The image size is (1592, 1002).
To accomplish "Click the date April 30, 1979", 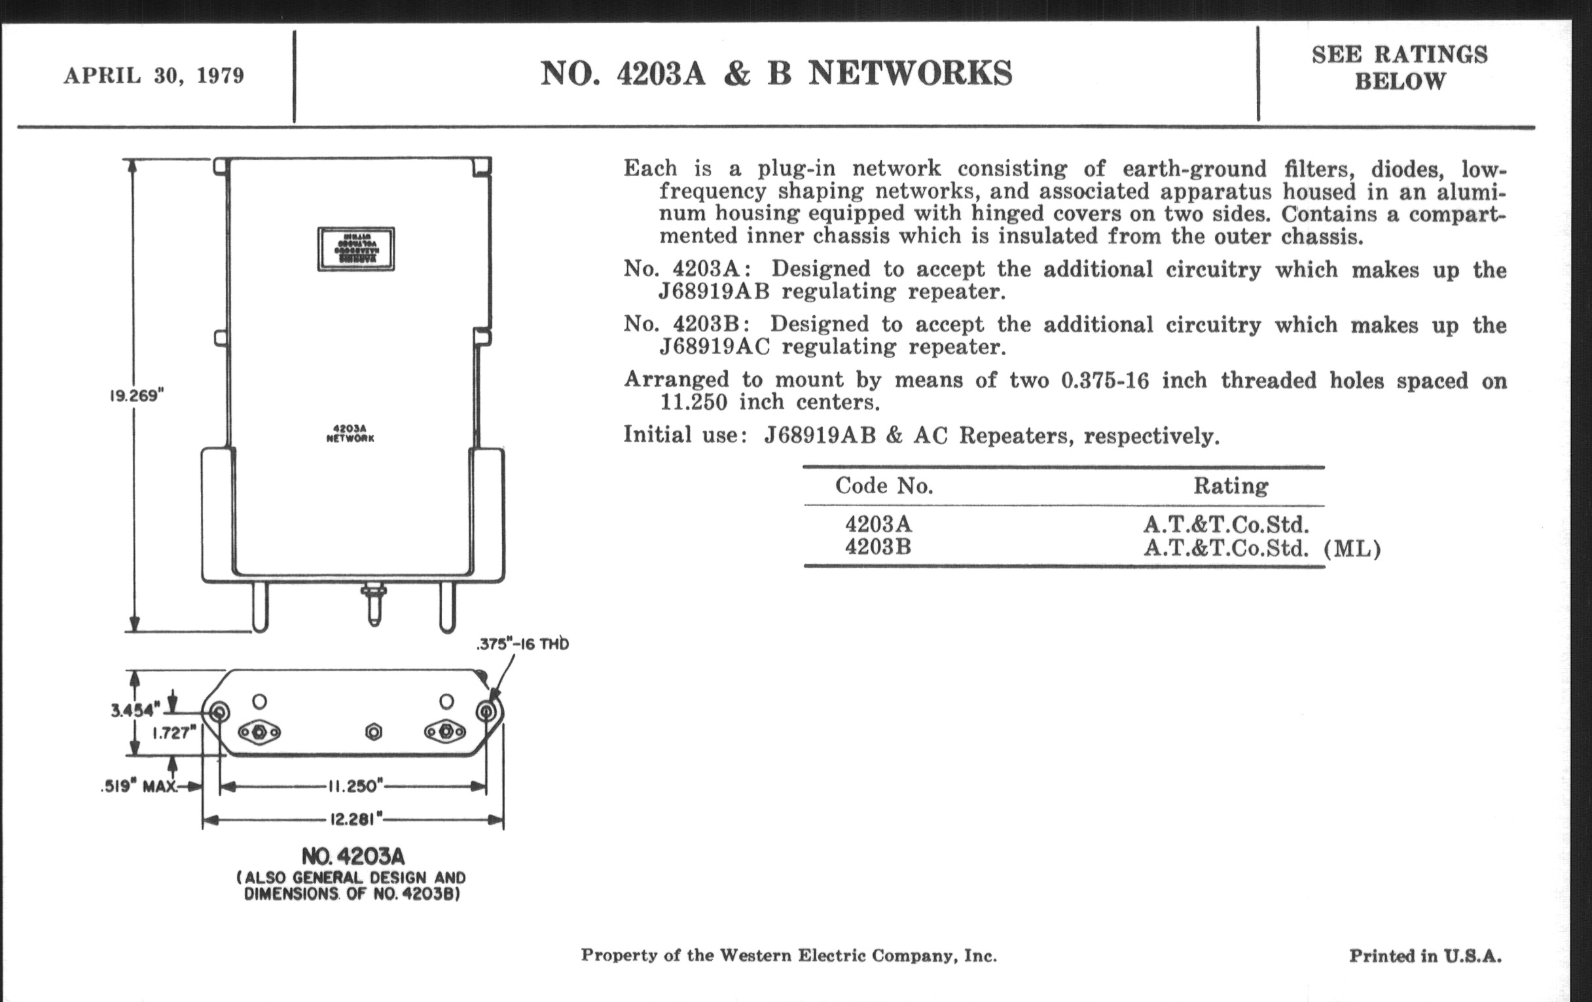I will click(x=153, y=76).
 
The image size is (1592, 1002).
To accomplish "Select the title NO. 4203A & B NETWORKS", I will click(x=776, y=73).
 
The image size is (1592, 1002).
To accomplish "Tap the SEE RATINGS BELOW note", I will click(x=1400, y=67).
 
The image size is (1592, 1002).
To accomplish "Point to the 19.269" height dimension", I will click(x=136, y=396).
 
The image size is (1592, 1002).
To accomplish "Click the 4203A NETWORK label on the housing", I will click(x=350, y=433).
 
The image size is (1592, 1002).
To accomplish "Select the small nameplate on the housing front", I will click(x=355, y=249).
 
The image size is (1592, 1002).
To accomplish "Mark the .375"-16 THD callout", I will click(x=522, y=644).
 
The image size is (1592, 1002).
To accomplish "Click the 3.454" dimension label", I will click(x=135, y=711).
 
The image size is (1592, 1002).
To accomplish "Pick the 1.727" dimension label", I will click(x=175, y=733).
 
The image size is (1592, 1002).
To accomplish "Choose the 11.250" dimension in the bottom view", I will click(x=355, y=787).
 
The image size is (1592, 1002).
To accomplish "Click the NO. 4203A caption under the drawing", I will click(x=352, y=857).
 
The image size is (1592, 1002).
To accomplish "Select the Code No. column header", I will click(x=884, y=486).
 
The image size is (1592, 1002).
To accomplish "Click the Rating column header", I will click(x=1231, y=486).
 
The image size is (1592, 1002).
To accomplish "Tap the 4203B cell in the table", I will click(x=878, y=547).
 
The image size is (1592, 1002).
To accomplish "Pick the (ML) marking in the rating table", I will click(x=1352, y=549).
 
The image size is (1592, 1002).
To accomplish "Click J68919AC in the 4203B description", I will click(x=714, y=346).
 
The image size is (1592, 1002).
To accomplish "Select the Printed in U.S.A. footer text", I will click(x=1424, y=956).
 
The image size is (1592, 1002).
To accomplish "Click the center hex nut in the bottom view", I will click(x=374, y=732).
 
